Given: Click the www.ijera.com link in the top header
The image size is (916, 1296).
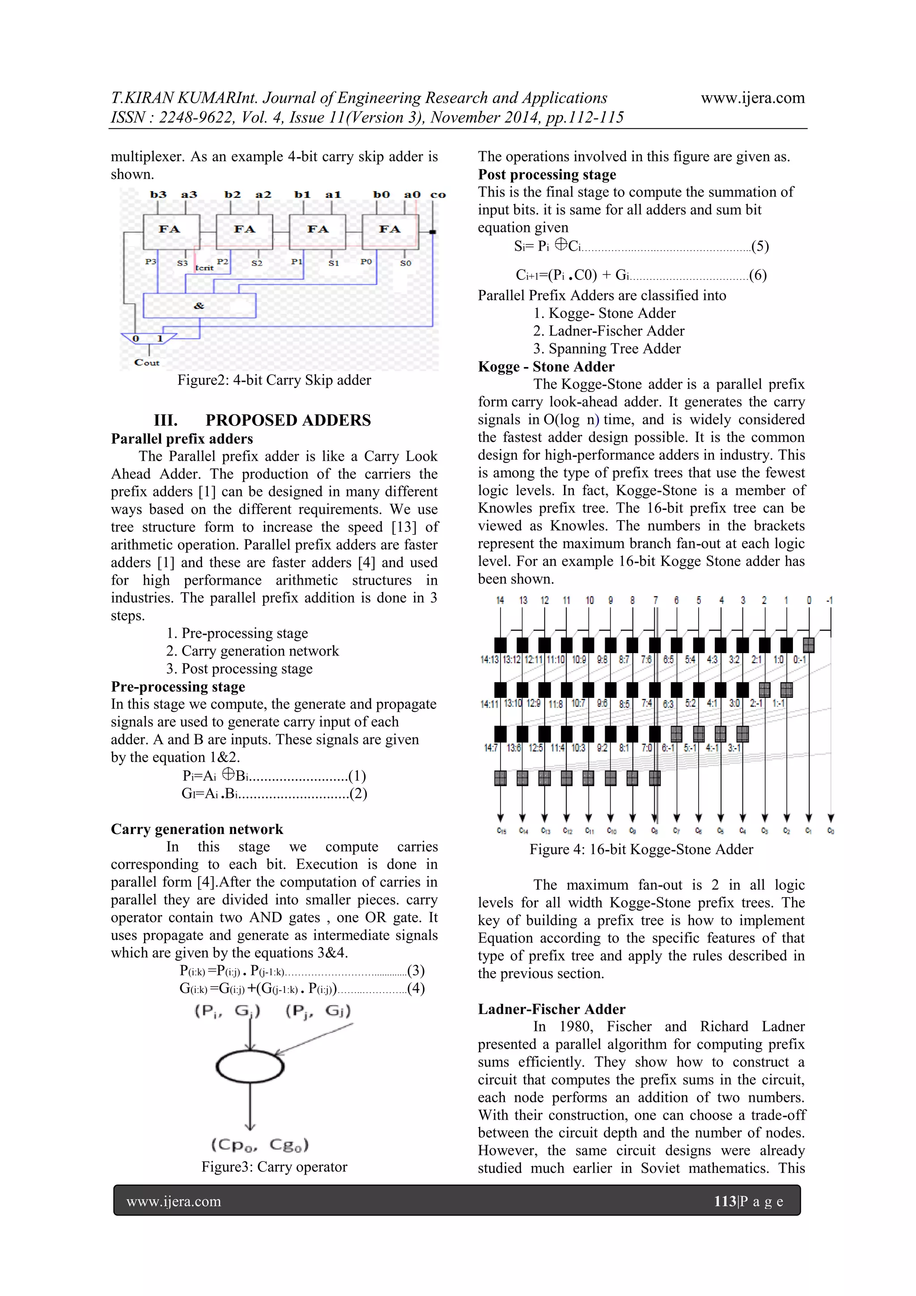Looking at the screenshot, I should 752,98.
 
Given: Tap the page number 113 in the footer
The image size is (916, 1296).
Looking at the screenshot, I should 724,1201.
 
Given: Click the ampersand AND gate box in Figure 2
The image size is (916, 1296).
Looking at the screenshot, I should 199,305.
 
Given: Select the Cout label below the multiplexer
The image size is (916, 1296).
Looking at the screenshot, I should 147,362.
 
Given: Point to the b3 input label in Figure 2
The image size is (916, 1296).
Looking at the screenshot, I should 158,195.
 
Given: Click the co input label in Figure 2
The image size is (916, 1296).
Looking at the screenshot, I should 438,195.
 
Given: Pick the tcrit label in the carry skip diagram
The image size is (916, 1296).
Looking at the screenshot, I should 204,268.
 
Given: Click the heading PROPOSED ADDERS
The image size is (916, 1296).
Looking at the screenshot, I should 288,420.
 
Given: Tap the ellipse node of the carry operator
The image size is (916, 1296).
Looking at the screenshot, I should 250,1066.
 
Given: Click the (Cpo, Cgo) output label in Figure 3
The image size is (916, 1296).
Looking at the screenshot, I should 260,1145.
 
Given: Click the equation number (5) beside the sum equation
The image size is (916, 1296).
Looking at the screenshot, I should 760,246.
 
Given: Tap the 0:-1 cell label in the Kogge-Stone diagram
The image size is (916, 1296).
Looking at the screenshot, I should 799,659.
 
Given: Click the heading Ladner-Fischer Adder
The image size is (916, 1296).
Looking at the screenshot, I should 551,1009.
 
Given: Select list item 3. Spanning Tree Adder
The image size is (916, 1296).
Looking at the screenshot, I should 606,348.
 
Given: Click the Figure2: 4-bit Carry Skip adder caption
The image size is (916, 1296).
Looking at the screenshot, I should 274,380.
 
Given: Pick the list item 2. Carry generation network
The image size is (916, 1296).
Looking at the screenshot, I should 252,651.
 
